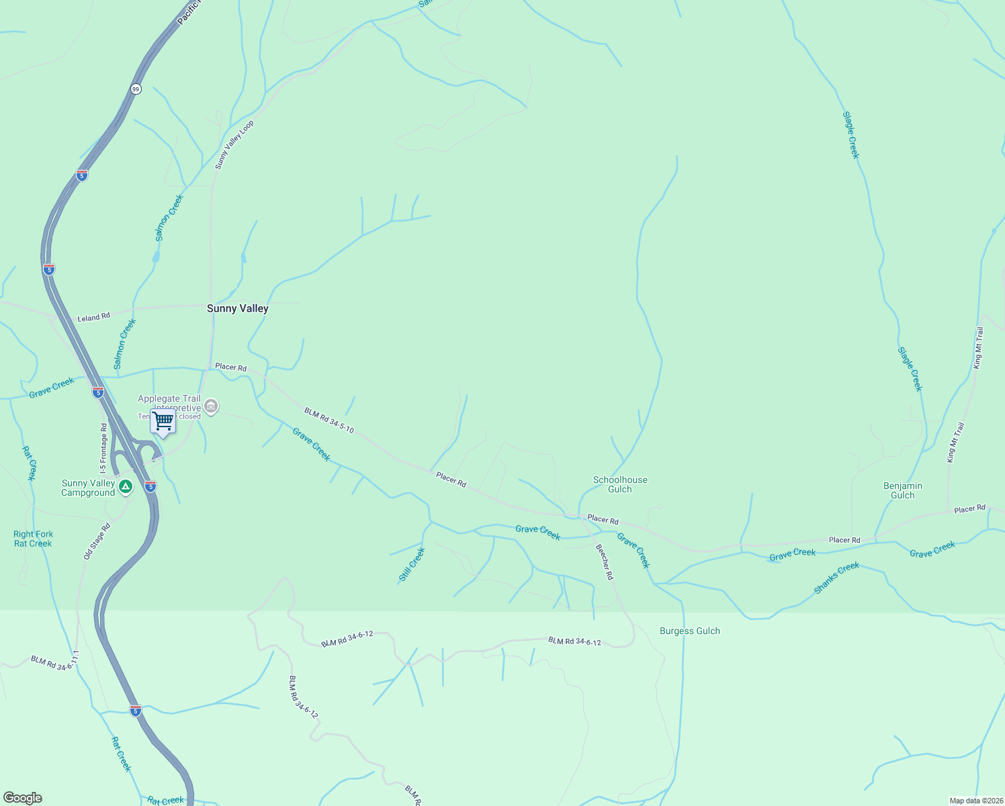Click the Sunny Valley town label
click(237, 308)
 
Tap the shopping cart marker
click(163, 422)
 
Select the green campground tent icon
click(125, 486)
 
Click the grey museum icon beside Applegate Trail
click(211, 406)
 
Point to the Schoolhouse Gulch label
click(620, 484)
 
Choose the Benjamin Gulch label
click(902, 490)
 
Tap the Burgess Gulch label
click(689, 631)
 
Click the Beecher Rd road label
click(604, 562)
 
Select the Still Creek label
click(412, 564)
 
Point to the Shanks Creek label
click(836, 578)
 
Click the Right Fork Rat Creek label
click(33, 539)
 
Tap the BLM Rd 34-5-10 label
click(329, 420)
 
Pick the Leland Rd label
click(93, 317)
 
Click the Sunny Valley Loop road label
click(234, 144)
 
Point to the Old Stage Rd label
click(97, 541)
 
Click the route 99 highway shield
click(136, 89)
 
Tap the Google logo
click(23, 798)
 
